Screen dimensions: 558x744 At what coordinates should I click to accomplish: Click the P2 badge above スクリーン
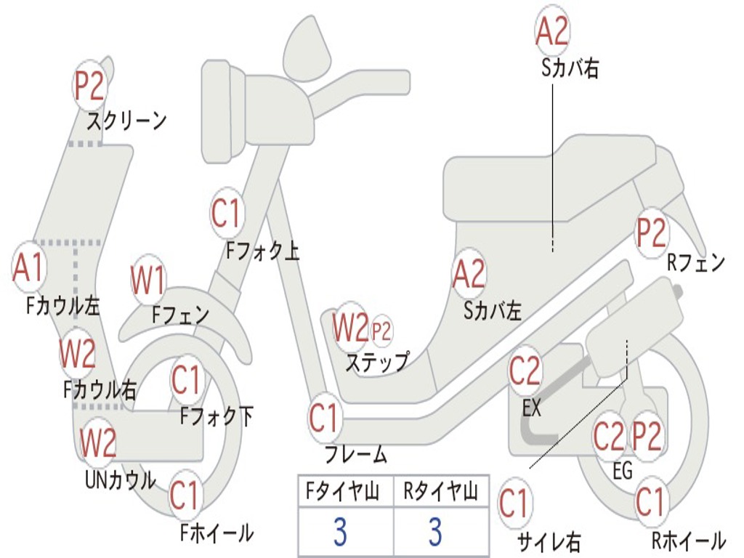tap(90, 85)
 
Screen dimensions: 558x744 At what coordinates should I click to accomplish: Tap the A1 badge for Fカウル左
tap(29, 267)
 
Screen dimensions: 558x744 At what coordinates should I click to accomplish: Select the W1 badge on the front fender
tap(148, 280)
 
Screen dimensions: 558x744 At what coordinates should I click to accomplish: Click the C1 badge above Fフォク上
tap(226, 213)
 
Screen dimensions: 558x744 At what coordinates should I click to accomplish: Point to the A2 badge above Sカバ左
tap(469, 275)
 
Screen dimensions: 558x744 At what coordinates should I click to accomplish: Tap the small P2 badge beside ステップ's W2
tap(381, 332)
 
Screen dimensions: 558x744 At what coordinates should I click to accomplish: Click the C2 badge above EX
tap(525, 371)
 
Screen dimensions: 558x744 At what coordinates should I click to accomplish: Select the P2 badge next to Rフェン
tap(650, 232)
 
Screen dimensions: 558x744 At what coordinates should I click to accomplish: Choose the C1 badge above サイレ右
tap(514, 503)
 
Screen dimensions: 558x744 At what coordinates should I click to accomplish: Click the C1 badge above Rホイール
tap(650, 501)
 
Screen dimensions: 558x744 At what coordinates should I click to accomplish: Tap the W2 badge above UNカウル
tap(98, 442)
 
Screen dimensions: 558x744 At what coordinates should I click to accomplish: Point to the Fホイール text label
tap(217, 533)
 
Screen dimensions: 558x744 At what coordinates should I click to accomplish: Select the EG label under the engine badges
tap(623, 472)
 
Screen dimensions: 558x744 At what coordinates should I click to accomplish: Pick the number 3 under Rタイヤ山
tap(435, 532)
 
